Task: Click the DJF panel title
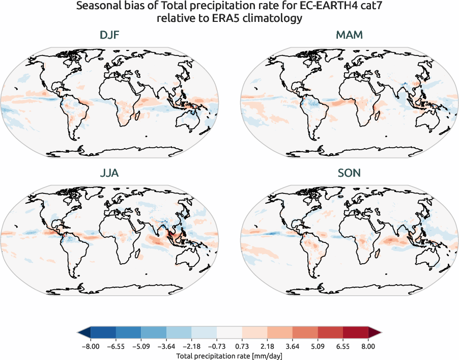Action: click(109, 36)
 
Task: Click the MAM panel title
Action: click(349, 36)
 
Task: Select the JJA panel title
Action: click(109, 173)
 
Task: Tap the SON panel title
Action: click(349, 173)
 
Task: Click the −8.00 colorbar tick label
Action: click(90, 346)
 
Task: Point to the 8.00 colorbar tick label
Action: click(368, 346)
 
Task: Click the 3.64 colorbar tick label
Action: click(292, 346)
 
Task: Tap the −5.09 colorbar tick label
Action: click(140, 346)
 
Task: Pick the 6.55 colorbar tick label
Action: click(342, 346)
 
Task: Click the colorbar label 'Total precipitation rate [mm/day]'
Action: click(229, 356)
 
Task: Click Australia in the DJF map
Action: click(189, 121)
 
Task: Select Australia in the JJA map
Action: click(189, 258)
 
